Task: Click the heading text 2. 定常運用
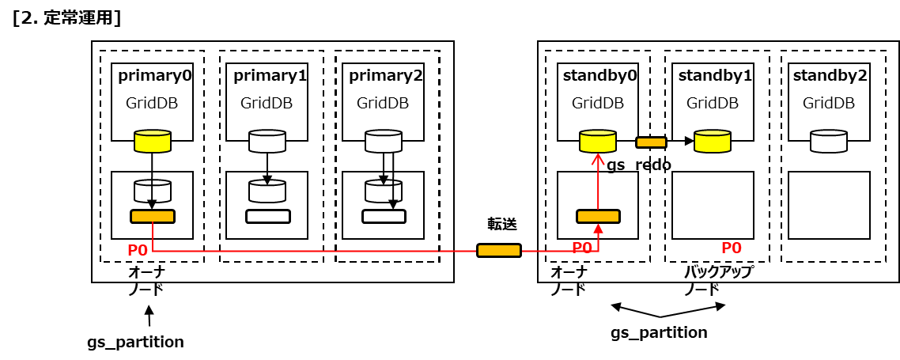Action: click(66, 18)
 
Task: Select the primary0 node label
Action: click(155, 76)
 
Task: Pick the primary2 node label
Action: click(386, 76)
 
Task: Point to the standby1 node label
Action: click(715, 76)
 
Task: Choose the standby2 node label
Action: click(830, 76)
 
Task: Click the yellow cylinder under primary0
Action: click(152, 142)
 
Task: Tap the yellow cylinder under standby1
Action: click(713, 141)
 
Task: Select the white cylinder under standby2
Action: click(829, 142)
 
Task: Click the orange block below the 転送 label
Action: click(499, 251)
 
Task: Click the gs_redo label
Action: click(639, 165)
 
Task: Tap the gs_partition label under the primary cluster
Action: click(135, 342)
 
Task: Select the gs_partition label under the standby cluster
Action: click(659, 332)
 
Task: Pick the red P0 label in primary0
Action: click(138, 250)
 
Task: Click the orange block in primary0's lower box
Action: click(153, 216)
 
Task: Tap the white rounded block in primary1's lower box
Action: click(268, 216)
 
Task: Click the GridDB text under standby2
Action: click(829, 103)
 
